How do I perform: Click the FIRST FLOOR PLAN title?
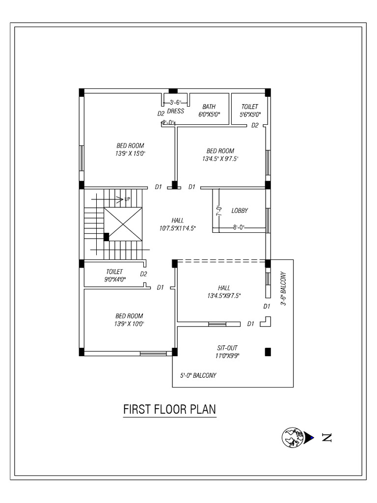coord(169,409)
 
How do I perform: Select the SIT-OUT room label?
coord(227,351)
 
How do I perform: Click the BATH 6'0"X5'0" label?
coord(209,111)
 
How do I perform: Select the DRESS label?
coord(175,111)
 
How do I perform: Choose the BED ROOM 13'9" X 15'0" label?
coord(130,149)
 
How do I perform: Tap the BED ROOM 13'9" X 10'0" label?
coord(130,320)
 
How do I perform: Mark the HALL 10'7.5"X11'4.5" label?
coord(177,224)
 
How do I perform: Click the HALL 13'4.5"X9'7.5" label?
coord(223,291)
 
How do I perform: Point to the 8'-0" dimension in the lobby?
coord(239,227)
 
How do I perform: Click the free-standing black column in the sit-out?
coord(268,351)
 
